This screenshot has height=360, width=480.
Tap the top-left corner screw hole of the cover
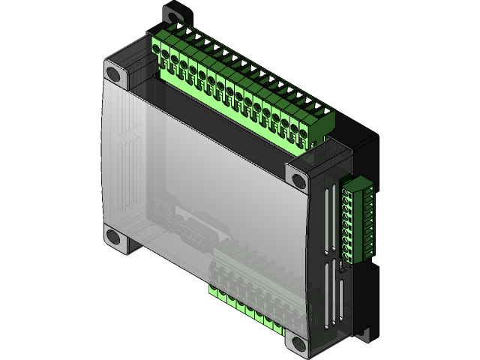[113, 74]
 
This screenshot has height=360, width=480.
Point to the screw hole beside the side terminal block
[298, 181]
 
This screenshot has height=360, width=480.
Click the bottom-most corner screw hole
[299, 344]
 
